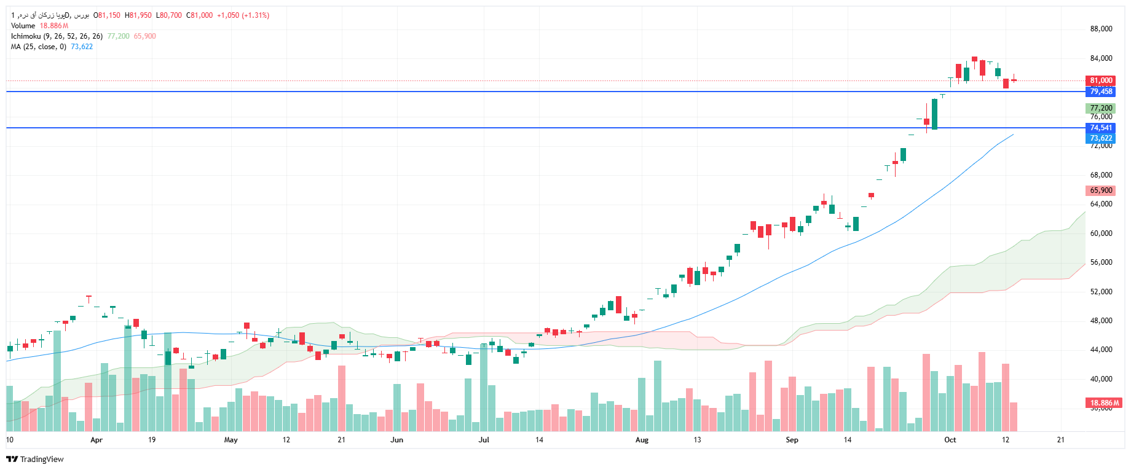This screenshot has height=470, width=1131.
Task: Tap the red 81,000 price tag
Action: tap(1100, 80)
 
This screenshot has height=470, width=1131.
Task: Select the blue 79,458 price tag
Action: tap(1100, 92)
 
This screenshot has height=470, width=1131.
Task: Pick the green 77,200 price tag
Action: tap(1100, 108)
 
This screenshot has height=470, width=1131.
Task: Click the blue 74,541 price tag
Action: tap(1100, 128)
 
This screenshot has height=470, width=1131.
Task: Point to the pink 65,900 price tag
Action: tap(1100, 190)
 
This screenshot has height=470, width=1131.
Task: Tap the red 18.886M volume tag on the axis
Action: tap(1105, 403)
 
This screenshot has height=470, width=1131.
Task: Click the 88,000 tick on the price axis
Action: tap(1101, 29)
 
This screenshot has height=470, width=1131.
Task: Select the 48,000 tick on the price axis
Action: tap(1101, 321)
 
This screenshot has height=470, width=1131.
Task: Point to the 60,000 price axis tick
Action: tap(1101, 233)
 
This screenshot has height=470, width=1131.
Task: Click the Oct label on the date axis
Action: tap(950, 440)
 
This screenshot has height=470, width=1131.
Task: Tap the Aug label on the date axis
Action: tap(642, 440)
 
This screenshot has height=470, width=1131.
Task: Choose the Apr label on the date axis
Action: tap(96, 440)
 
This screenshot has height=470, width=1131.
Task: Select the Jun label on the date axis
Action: tap(396, 440)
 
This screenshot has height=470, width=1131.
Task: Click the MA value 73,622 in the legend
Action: tap(82, 47)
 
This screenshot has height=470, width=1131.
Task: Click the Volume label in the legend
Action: tap(23, 26)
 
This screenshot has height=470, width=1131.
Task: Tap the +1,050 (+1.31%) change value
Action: tap(243, 15)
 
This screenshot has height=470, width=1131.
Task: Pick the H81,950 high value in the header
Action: tap(138, 15)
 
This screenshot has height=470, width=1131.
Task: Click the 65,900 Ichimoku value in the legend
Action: tap(145, 36)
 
